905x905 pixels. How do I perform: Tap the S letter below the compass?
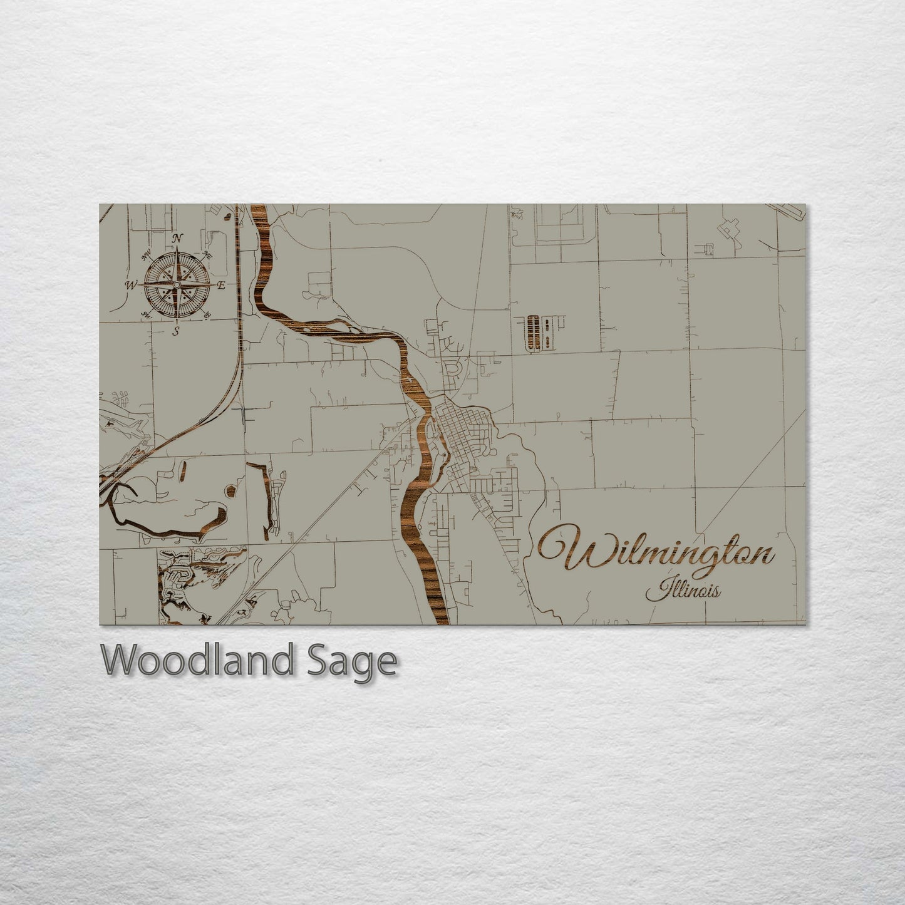tap(177, 331)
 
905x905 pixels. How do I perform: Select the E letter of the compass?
tap(221, 285)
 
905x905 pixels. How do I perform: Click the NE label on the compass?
tap(208, 256)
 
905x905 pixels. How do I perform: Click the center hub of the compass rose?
tap(177, 285)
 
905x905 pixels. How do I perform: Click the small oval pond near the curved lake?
tap(230, 491)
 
